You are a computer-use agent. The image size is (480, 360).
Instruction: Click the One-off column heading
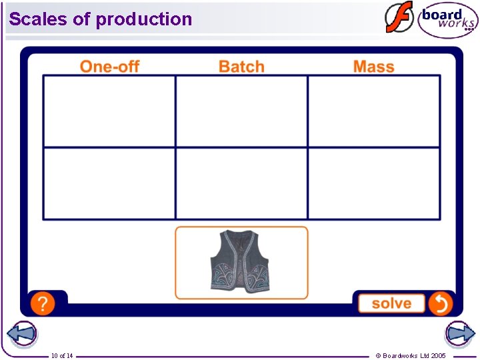point(109,66)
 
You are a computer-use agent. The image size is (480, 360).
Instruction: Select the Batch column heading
point(241,66)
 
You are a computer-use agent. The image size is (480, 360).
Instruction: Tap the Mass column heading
point(373,66)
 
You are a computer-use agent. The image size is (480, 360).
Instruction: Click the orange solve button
point(391,303)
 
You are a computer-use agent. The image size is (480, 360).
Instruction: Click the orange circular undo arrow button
point(441,303)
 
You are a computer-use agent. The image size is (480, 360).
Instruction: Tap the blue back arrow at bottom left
point(21,334)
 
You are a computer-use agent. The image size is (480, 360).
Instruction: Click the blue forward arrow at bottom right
point(459,334)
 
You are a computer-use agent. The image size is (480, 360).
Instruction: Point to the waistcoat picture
point(241,261)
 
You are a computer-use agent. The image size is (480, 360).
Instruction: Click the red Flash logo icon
point(399,17)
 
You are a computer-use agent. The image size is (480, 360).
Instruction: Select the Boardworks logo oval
point(448,20)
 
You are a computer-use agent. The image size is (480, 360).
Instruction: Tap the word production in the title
point(144,19)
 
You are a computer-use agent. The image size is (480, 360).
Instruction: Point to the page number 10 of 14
point(62,356)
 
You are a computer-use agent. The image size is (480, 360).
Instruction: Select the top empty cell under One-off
point(109,111)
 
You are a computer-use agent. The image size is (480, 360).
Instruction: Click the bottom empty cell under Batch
point(241,183)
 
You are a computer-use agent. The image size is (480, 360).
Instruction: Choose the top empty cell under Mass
point(373,111)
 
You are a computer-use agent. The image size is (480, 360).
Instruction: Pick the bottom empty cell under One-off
point(109,183)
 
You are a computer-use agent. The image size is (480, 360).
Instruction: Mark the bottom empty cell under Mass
point(373,183)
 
